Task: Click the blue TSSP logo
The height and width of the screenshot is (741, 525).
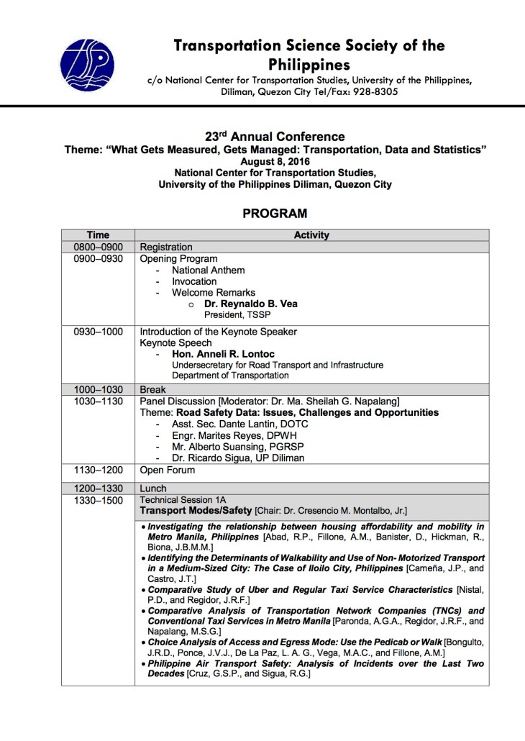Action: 88,65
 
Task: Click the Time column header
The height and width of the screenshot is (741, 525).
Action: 98,235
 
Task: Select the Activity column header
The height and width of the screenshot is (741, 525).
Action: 311,235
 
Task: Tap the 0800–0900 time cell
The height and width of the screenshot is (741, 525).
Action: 98,247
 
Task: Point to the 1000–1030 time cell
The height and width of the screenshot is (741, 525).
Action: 98,389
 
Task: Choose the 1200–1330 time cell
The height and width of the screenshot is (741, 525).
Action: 98,488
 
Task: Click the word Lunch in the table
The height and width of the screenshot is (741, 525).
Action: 153,488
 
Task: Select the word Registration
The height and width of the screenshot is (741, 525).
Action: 166,247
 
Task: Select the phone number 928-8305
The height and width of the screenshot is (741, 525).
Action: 373,92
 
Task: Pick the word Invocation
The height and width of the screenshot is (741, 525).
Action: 194,281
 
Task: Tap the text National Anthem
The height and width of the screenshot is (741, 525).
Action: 208,270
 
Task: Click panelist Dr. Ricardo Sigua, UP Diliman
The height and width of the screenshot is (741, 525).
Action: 237,458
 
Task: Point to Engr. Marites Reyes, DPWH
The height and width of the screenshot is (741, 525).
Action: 234,435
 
